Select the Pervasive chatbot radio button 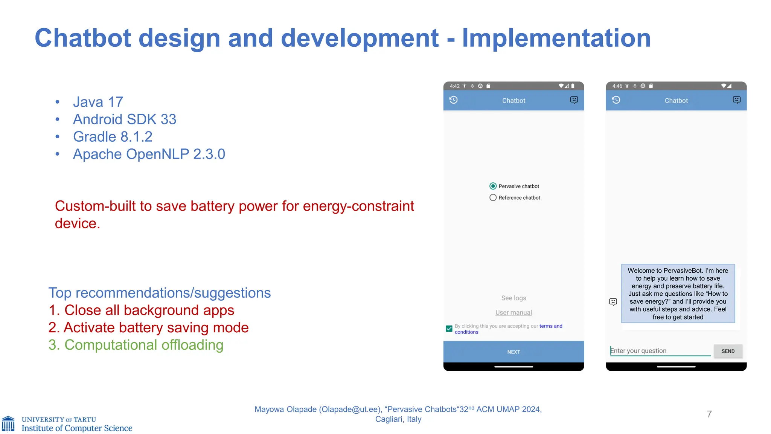tap(493, 186)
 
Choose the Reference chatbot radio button tap(493, 197)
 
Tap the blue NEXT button tap(513, 351)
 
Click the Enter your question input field tap(660, 351)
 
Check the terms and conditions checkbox tap(449, 329)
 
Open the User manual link tap(513, 312)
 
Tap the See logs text tap(513, 298)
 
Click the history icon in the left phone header tap(454, 100)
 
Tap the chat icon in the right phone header tap(736, 100)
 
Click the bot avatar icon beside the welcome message tap(613, 302)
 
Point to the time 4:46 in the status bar tap(617, 86)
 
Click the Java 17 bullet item tap(98, 102)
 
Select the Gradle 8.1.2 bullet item tap(113, 137)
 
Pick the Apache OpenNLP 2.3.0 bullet tap(149, 154)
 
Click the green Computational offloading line tap(136, 345)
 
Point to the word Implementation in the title tap(556, 38)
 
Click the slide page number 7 tap(709, 414)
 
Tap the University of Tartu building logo tap(8, 423)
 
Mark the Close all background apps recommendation tap(142, 310)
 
